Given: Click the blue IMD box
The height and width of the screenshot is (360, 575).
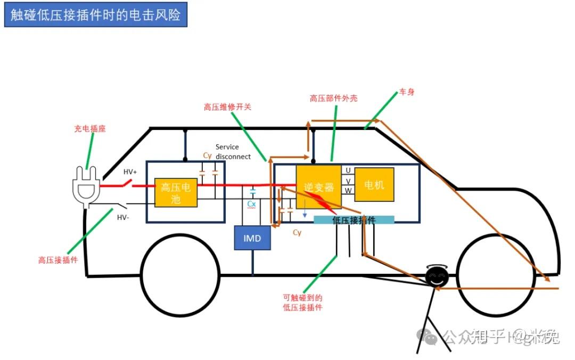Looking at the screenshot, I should (x=252, y=238).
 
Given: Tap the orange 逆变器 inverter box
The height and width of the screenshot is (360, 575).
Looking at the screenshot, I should (x=318, y=187).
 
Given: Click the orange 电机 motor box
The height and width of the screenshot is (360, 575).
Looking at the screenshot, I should (x=374, y=185).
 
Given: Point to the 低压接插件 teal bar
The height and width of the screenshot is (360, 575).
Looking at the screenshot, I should (x=354, y=220).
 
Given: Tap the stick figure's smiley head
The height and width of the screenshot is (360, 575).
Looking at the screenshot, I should (x=437, y=277).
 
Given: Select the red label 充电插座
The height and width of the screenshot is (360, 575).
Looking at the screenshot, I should (x=90, y=129).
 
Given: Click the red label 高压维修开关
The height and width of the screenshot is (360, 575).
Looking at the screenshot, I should (x=227, y=107).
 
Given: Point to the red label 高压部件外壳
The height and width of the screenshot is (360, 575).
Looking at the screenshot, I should (x=334, y=99).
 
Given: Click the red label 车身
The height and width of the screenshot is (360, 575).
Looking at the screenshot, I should (x=407, y=92).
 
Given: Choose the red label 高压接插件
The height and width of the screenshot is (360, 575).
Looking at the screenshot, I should (x=58, y=260).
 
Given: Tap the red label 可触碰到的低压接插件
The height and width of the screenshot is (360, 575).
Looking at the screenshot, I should (x=302, y=302).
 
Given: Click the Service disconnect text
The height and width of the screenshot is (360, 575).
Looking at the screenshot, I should (x=233, y=152).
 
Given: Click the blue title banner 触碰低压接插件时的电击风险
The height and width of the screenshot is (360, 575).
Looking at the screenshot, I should (x=96, y=14).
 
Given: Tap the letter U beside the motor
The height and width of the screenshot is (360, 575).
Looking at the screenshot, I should (x=348, y=170).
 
